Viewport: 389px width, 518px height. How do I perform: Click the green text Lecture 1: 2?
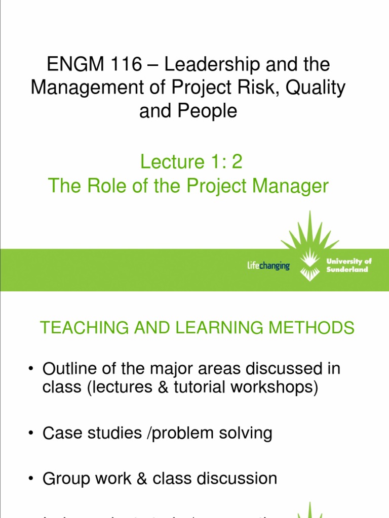click(191, 162)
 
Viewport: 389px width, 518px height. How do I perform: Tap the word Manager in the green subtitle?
click(287, 186)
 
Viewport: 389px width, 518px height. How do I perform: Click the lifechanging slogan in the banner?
click(268, 266)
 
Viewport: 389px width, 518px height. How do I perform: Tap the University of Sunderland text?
click(349, 265)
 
